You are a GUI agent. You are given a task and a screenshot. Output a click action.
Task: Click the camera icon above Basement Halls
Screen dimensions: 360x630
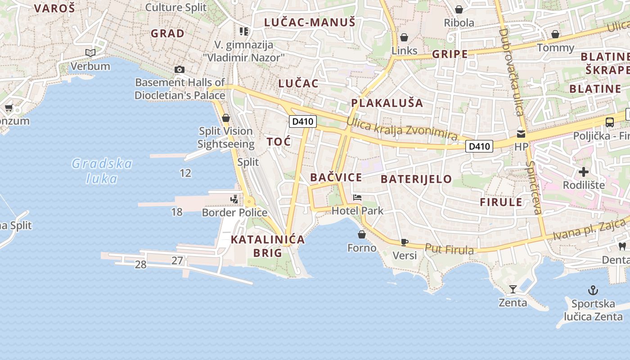(180, 69)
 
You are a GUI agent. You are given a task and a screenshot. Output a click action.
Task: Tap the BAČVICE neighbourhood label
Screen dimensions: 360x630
(336, 177)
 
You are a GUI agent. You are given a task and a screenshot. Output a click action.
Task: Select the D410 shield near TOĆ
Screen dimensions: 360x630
(302, 121)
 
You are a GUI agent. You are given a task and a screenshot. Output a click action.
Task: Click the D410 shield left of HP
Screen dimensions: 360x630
(479, 146)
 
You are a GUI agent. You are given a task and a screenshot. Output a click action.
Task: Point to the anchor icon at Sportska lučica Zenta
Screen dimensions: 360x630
(593, 290)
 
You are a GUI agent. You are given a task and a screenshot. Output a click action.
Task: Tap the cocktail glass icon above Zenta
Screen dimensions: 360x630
(513, 289)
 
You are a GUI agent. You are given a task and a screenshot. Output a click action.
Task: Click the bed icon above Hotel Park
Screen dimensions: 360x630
(357, 198)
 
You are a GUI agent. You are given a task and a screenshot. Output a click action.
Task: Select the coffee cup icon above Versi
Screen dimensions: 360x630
(404, 242)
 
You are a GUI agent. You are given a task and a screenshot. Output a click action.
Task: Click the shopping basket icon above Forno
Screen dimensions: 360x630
(362, 234)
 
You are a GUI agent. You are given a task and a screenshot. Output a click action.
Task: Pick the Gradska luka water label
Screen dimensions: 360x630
(102, 171)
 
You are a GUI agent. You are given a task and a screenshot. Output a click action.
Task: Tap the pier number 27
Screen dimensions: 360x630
(177, 260)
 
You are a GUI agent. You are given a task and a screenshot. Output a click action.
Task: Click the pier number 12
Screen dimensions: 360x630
(185, 173)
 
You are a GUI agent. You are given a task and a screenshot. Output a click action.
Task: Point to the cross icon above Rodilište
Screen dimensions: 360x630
(584, 172)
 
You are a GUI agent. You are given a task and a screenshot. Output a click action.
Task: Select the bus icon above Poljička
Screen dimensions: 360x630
(610, 122)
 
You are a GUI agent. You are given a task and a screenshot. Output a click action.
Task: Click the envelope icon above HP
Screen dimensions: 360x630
(521, 134)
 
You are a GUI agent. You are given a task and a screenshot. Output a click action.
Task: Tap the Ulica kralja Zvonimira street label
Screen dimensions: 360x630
(402, 129)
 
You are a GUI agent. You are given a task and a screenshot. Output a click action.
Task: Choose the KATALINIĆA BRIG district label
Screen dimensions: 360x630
(268, 246)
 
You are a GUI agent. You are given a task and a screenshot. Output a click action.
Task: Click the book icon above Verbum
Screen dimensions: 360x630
(90, 53)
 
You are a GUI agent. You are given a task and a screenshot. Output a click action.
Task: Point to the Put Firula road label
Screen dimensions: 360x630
(450, 249)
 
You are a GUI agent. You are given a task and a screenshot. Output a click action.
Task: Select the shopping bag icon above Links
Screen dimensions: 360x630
(404, 37)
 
